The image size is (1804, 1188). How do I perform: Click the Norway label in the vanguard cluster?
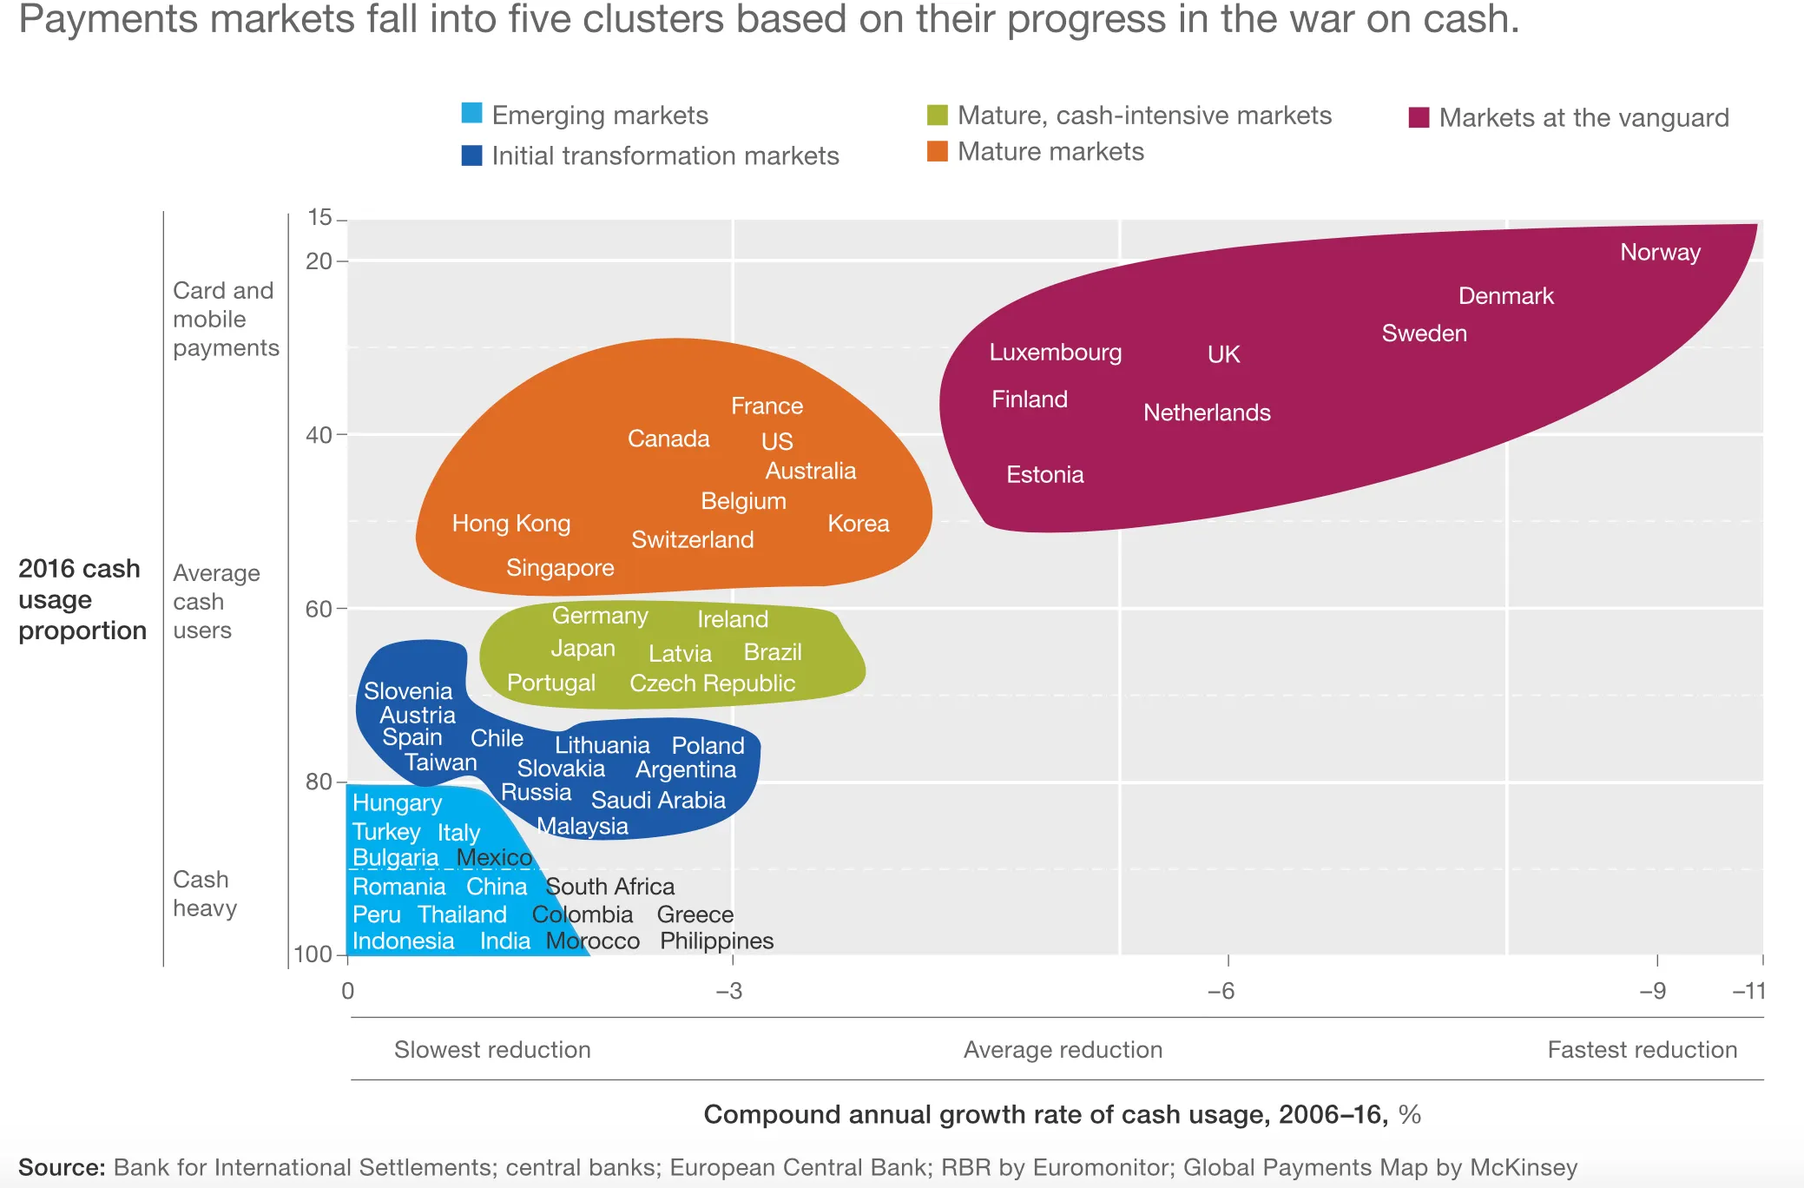click(x=1660, y=253)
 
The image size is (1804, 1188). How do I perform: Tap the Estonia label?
click(x=1044, y=475)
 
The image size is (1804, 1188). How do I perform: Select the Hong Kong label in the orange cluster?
click(x=510, y=524)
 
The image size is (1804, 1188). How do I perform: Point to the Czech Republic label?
click(x=712, y=683)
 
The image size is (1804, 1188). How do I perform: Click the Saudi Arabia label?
click(x=658, y=800)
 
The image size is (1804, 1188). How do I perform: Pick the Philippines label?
click(x=716, y=941)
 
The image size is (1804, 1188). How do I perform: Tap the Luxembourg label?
click(x=1055, y=353)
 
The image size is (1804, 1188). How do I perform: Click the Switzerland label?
click(x=692, y=540)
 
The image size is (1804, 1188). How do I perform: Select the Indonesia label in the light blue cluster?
click(x=403, y=941)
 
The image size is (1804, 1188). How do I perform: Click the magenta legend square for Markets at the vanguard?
click(x=1419, y=117)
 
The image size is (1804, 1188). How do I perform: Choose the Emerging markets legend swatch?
click(x=471, y=113)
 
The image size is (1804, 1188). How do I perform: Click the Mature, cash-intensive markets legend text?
click(x=1143, y=115)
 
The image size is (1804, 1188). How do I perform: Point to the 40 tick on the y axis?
click(x=319, y=435)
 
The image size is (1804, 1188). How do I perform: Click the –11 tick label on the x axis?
click(x=1748, y=991)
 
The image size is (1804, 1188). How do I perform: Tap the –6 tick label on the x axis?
click(x=1221, y=991)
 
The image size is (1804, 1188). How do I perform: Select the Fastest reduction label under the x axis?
click(x=1642, y=1050)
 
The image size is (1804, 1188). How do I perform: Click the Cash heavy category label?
click(x=205, y=894)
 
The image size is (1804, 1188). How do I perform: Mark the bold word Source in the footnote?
click(x=61, y=1167)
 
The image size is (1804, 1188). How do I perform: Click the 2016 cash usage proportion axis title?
click(x=82, y=599)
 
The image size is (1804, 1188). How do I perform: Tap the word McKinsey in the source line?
click(x=1523, y=1167)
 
